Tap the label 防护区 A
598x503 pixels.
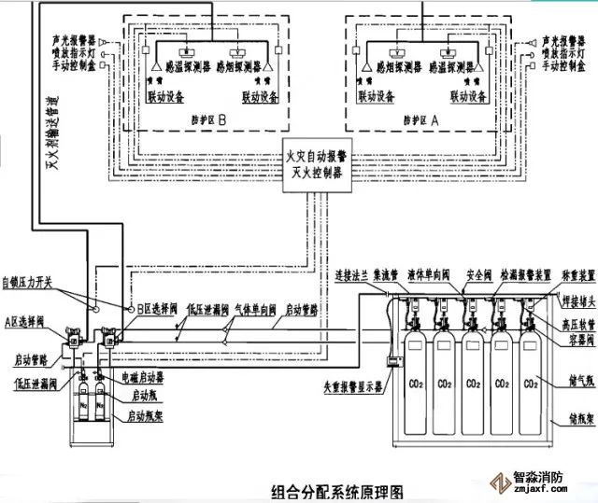pyautogui.click(x=421, y=119)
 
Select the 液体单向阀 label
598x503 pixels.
pyautogui.click(x=431, y=277)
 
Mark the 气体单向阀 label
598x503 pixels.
pyautogui.click(x=250, y=309)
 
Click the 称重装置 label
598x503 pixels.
pyautogui.click(x=562, y=277)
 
